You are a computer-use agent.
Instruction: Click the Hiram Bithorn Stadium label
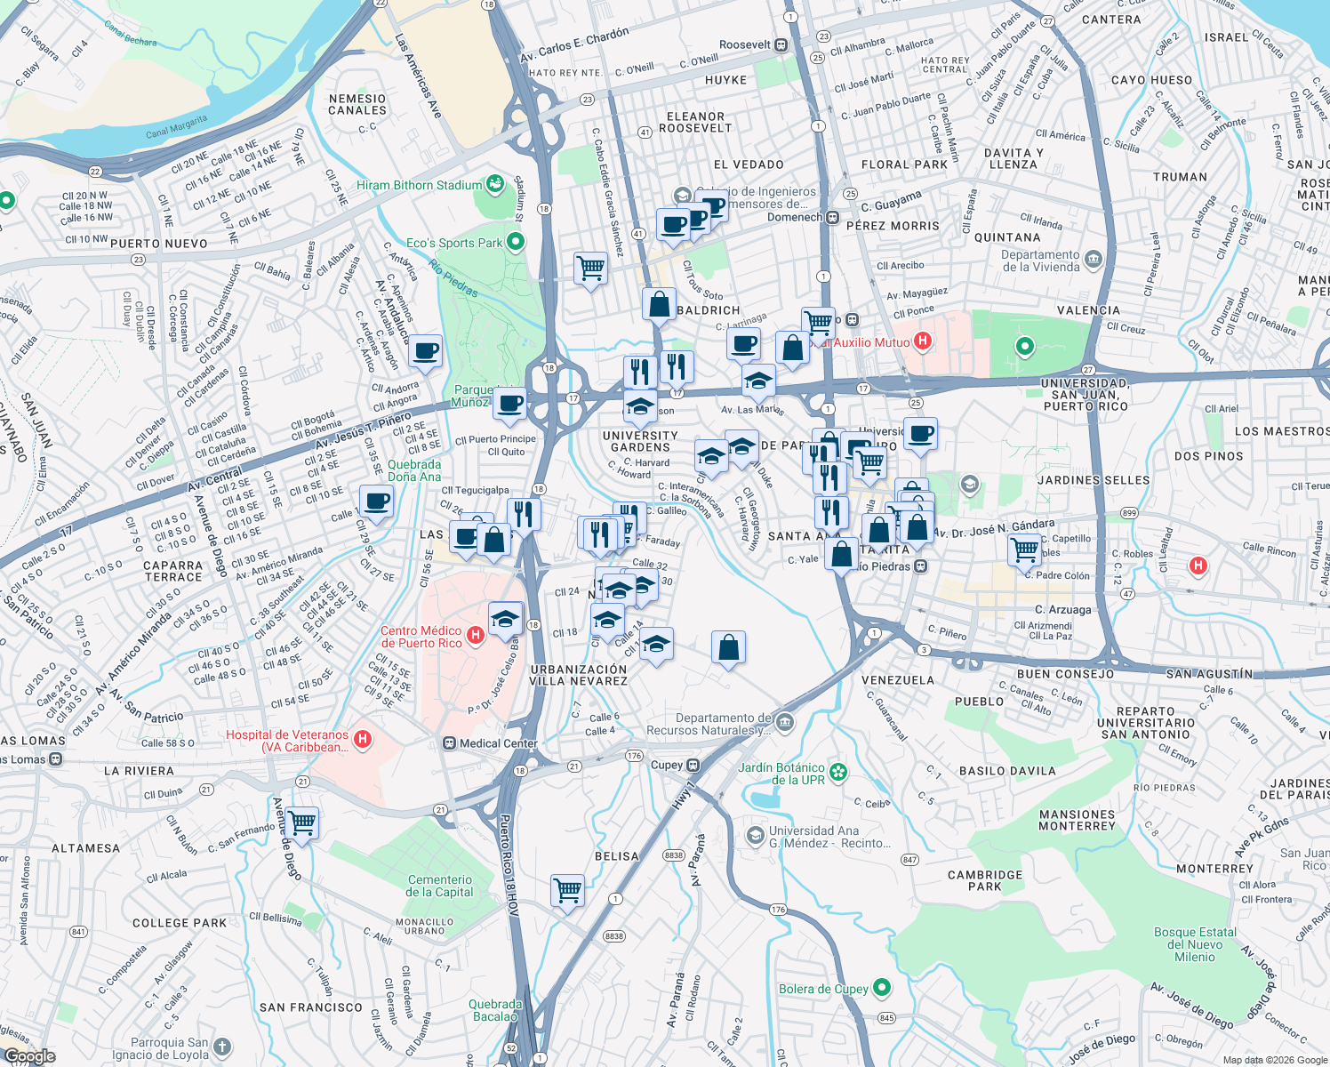tap(419, 185)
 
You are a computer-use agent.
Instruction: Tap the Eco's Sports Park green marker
tap(516, 242)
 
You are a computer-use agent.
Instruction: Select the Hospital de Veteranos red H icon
tap(362, 739)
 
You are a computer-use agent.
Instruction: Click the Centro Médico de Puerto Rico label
tap(421, 637)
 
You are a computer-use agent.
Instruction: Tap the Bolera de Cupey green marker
tap(882, 988)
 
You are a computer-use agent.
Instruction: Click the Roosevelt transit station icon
tap(781, 44)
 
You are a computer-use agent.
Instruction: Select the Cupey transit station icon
tap(693, 765)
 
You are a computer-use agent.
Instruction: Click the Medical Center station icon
tap(450, 743)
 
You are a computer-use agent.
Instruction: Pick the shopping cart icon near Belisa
tap(567, 888)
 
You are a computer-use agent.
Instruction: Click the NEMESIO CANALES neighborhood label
tap(357, 105)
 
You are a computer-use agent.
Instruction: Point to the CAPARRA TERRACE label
tap(173, 571)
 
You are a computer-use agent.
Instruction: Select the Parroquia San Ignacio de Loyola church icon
tap(222, 1047)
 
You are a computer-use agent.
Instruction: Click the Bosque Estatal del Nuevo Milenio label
tap(1195, 944)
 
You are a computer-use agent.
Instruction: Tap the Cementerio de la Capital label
tap(439, 886)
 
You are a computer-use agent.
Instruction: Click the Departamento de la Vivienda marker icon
tap(1094, 260)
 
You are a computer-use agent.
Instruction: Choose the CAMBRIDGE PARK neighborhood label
tap(985, 880)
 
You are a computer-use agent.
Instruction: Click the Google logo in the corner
tap(29, 1055)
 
